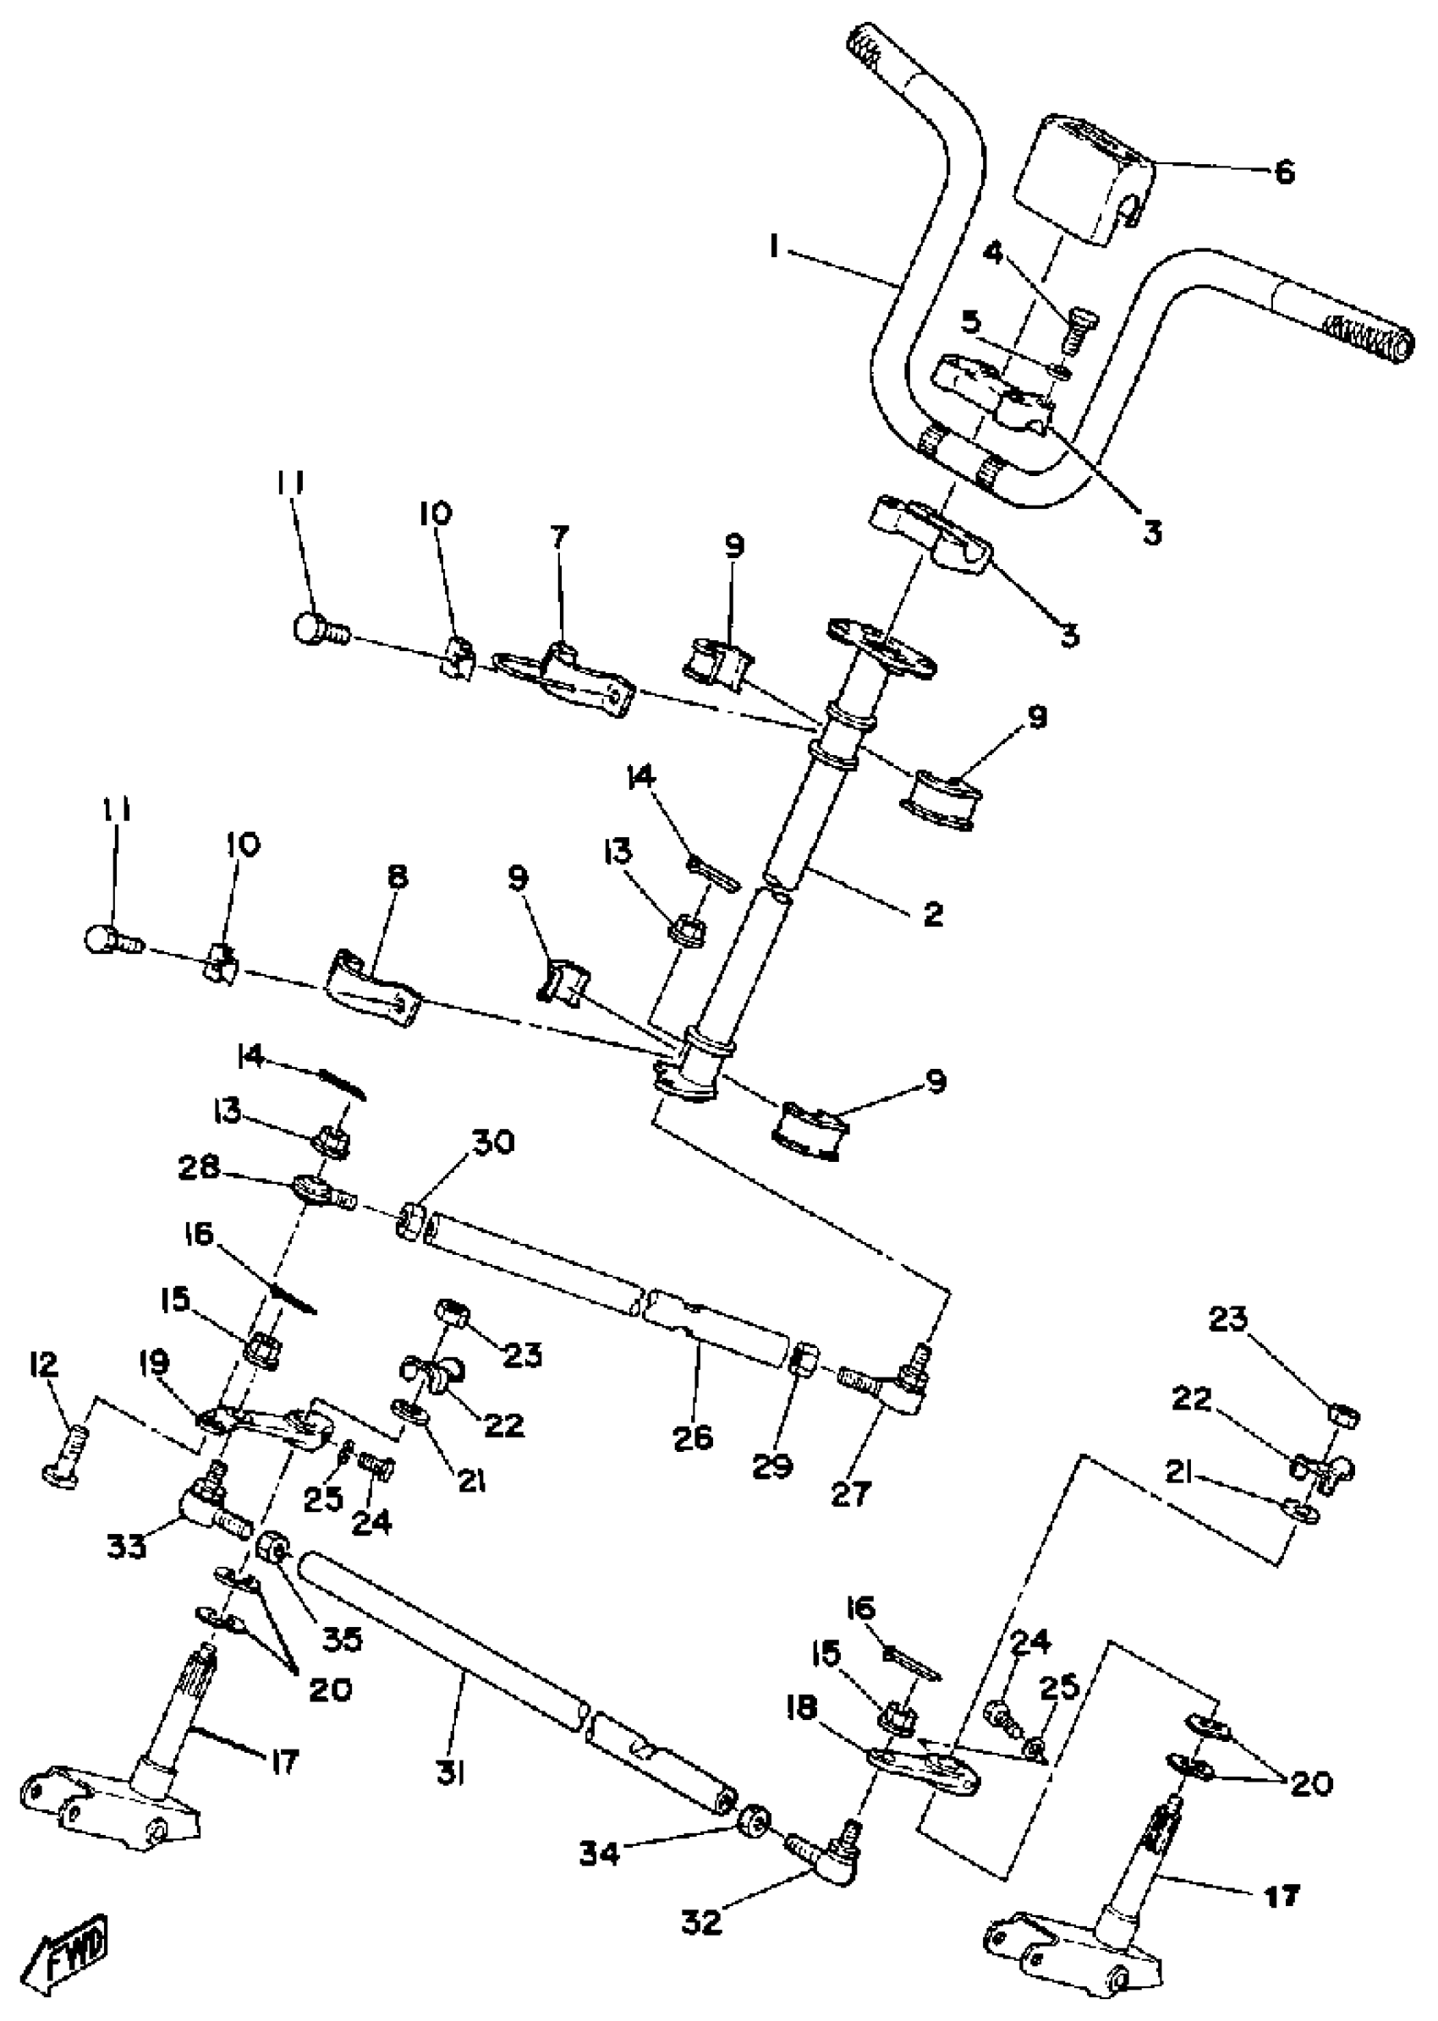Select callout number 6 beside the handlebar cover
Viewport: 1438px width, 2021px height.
pyautogui.click(x=1284, y=172)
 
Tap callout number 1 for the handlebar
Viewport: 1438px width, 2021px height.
pyautogui.click(x=775, y=249)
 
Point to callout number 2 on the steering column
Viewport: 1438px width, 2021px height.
pyautogui.click(x=933, y=913)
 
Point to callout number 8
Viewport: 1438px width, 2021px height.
pyautogui.click(x=397, y=877)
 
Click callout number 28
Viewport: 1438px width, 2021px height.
pyautogui.click(x=198, y=1169)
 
